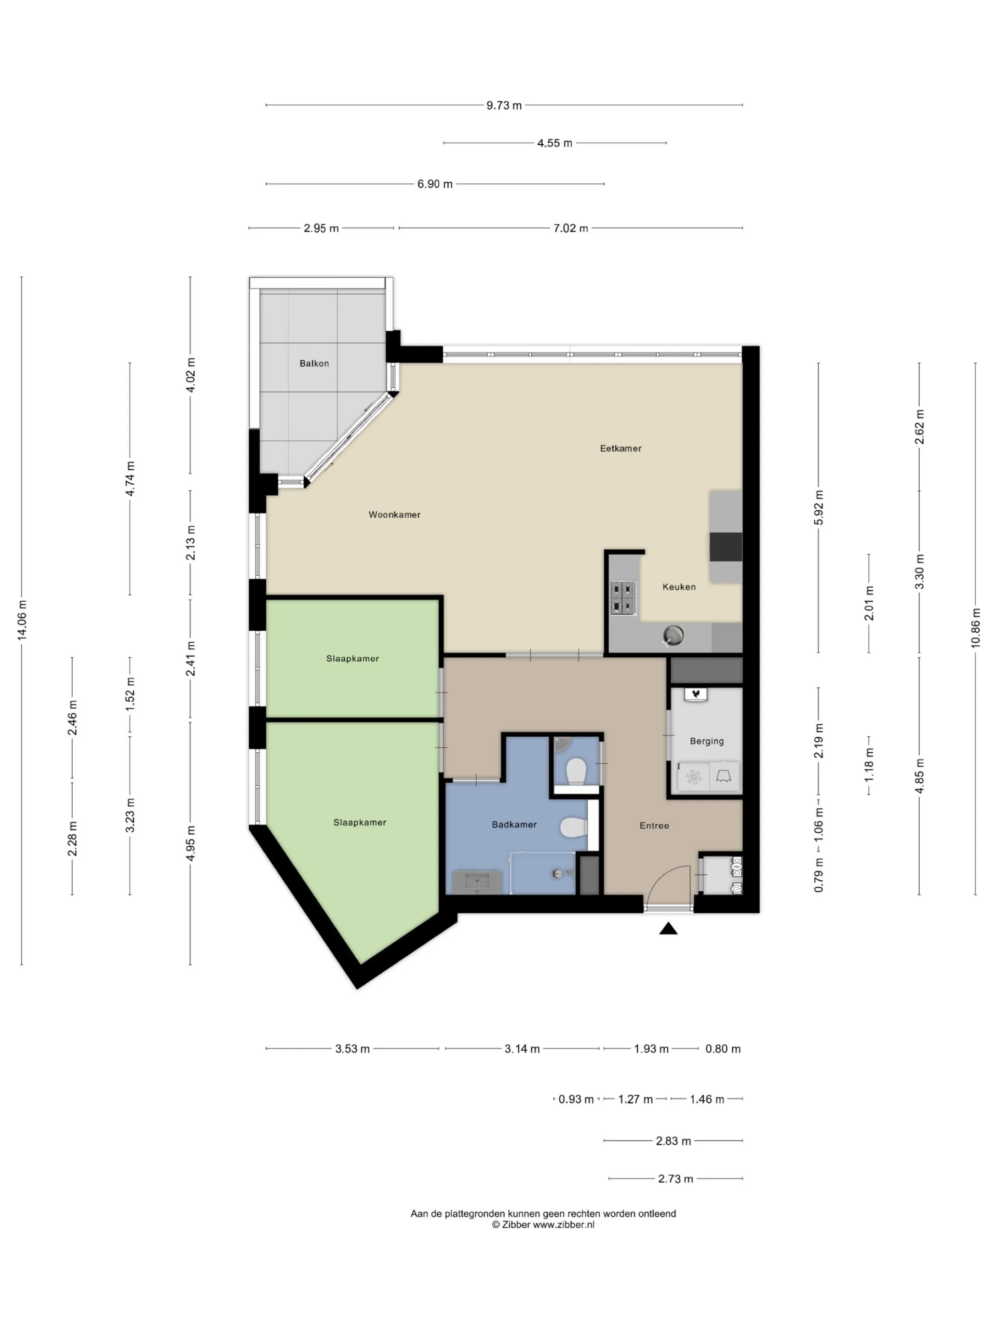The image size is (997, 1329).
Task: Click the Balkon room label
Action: [314, 363]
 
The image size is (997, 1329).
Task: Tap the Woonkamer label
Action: [394, 515]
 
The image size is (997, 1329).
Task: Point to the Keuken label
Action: [679, 587]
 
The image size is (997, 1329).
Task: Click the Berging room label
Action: [707, 741]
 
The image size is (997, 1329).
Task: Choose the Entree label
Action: [654, 825]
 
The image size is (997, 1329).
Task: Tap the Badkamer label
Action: [515, 824]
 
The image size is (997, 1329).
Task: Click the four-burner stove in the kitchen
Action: [623, 598]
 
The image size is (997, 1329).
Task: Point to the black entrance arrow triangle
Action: [668, 929]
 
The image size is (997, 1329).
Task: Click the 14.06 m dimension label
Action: [22, 620]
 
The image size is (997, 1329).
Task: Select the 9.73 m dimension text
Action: [504, 105]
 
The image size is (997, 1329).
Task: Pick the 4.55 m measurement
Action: [555, 143]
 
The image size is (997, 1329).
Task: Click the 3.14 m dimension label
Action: [522, 1049]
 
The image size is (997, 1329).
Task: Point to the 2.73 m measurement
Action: [676, 1179]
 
